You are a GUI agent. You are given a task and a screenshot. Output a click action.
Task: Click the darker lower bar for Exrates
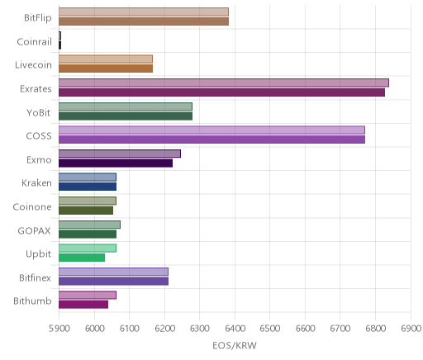tap(221, 92)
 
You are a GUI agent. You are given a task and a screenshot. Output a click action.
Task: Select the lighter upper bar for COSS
tap(211, 130)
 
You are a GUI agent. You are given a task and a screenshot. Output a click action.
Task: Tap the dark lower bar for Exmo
tap(116, 163)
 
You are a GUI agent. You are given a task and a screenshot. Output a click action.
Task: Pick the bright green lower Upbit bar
tap(82, 258)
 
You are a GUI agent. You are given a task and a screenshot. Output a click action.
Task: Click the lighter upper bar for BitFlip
tap(144, 12)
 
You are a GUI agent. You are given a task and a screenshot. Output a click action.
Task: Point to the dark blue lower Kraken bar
tap(88, 187)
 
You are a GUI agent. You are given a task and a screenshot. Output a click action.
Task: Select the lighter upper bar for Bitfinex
tap(113, 272)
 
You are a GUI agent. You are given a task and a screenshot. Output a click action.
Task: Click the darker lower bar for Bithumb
tap(83, 305)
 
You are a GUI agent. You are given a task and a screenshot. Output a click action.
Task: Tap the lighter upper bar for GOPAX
tap(89, 225)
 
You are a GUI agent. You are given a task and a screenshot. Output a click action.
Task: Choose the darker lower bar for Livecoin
tap(106, 69)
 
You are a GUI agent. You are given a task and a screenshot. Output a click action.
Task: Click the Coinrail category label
tap(34, 42)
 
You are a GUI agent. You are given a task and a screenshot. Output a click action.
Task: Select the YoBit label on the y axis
tap(39, 112)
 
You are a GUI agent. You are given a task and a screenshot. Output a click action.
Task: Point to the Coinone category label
tap(32, 206)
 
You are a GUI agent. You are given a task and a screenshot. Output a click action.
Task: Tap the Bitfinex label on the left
tap(35, 277)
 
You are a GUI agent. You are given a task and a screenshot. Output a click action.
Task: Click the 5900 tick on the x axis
tap(59, 329)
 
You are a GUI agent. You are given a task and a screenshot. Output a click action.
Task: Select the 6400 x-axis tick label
tap(235, 329)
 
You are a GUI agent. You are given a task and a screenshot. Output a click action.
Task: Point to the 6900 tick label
tap(411, 329)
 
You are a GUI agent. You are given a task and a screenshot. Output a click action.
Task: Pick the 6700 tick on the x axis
tap(340, 329)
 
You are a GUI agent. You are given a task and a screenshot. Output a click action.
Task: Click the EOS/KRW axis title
tap(235, 345)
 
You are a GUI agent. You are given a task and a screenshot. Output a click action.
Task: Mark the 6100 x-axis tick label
tap(129, 329)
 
